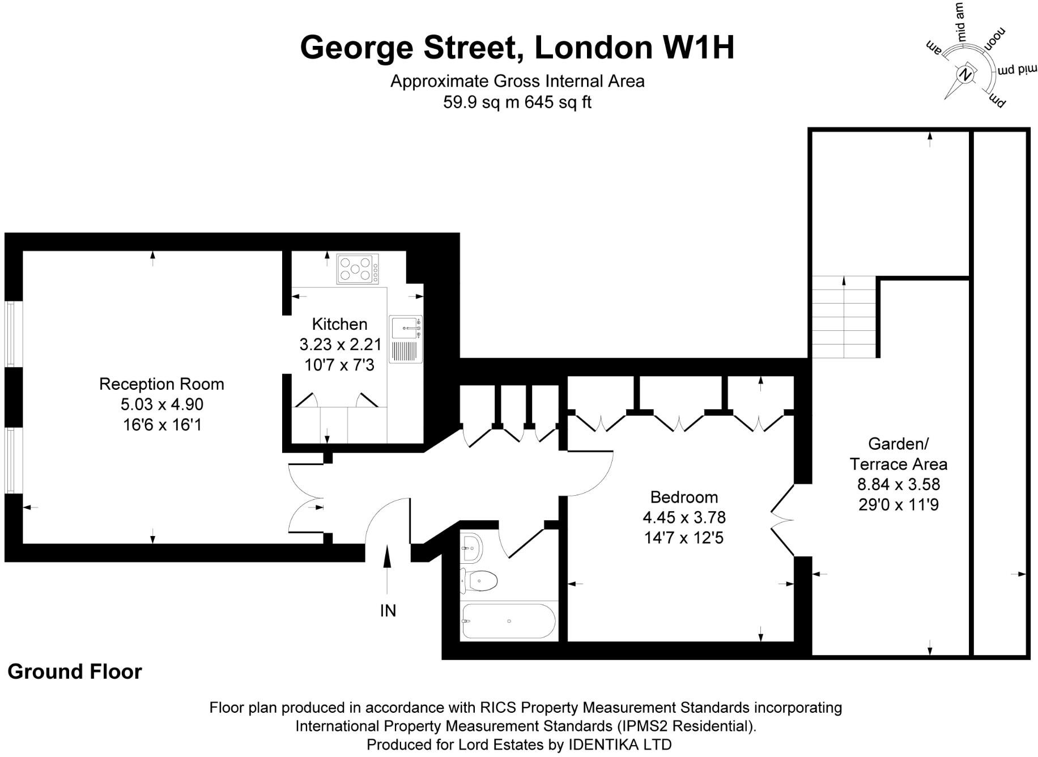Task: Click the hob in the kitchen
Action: tap(357, 269)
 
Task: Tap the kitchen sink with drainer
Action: tap(406, 339)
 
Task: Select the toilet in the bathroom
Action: tap(479, 580)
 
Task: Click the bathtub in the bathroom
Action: tap(508, 621)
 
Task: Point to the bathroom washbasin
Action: tap(471, 546)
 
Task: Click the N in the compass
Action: tap(966, 75)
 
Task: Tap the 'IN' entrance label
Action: tap(388, 610)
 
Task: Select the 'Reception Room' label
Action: tap(161, 384)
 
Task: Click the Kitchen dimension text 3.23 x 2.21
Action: tap(340, 345)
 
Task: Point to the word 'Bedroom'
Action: tap(684, 497)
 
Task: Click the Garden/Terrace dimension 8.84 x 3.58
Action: tap(898, 484)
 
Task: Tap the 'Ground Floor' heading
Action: tap(74, 671)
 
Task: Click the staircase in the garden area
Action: tap(844, 317)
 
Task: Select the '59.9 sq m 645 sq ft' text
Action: tap(517, 103)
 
